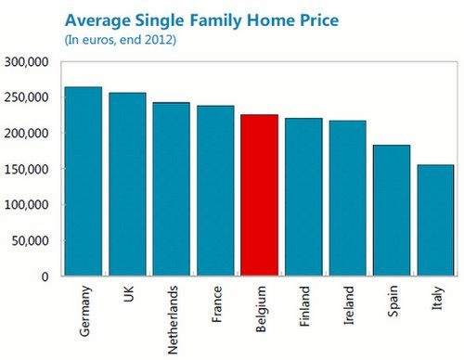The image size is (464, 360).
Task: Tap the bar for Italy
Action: coord(435,220)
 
